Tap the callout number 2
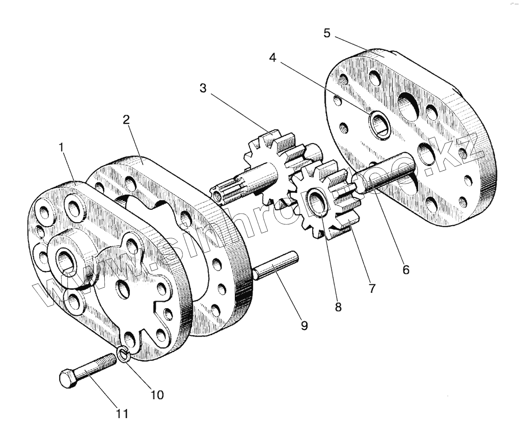[x=126, y=120]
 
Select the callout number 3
[x=203, y=88]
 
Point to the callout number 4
[x=272, y=58]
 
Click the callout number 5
[x=327, y=33]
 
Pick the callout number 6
[x=405, y=269]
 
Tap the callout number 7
[x=372, y=288]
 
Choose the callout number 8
[x=338, y=307]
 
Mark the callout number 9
[x=304, y=325]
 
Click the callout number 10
[x=157, y=394]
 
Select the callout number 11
[x=122, y=413]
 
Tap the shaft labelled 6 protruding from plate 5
[x=381, y=177]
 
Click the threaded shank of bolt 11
[x=99, y=364]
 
